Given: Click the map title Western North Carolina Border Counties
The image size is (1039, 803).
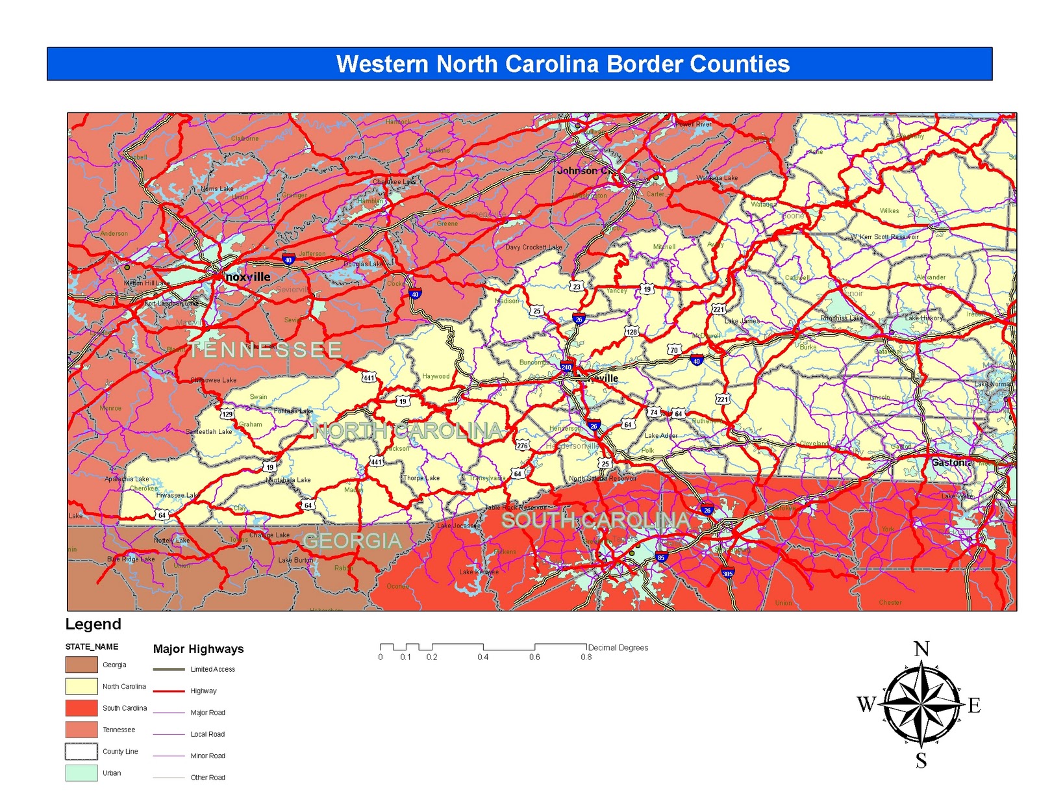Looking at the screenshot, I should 562,64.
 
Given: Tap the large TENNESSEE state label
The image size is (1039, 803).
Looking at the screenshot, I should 265,350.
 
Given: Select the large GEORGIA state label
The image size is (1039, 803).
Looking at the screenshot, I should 352,541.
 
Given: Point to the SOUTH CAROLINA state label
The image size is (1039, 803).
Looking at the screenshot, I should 595,520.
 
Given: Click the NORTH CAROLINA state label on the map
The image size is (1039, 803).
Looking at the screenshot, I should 408,430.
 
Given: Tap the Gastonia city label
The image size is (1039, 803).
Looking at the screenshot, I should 951,463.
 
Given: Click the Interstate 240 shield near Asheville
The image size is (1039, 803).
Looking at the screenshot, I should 567,366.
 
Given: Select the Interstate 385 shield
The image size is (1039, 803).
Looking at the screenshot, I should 727,573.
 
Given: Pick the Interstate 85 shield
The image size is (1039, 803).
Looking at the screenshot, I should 661,557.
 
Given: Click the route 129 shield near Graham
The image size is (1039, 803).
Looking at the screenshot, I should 227,414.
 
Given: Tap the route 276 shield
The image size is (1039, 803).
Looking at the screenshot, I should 522,446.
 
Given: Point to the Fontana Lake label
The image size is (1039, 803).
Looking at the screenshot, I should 294,411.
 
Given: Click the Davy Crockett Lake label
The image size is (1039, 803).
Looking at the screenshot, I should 534,247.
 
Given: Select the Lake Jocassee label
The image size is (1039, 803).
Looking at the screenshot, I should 458,526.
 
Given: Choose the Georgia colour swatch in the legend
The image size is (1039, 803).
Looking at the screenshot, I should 81,665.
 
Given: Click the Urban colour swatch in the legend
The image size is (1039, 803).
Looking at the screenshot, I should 81,772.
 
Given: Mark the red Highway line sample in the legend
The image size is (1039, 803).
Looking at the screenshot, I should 169,691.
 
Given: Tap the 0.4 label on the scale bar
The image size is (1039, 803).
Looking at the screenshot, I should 483,657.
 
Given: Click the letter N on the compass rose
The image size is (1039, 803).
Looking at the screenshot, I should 921,649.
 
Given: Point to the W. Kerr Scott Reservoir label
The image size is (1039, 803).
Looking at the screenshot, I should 884,236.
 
